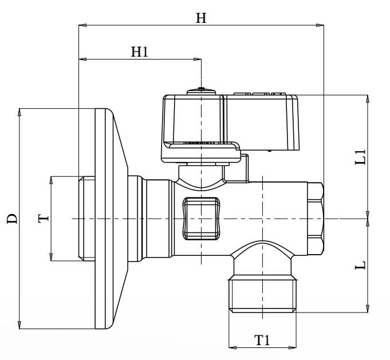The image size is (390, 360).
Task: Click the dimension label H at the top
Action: click(201, 18)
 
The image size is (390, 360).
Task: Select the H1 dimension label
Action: click(140, 52)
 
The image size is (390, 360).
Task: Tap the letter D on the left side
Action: click(12, 219)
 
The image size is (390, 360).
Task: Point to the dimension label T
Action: click(44, 219)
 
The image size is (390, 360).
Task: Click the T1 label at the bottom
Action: click(262, 340)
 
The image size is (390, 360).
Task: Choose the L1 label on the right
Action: click(360, 157)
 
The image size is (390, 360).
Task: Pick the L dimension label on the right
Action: click(360, 265)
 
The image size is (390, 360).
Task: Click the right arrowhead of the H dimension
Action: click(320, 25)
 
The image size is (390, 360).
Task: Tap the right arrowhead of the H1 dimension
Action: click(197, 59)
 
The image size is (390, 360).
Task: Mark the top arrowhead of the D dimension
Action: click(19, 112)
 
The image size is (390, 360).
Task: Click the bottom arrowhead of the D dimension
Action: click(19, 325)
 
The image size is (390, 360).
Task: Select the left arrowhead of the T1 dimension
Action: click(233, 347)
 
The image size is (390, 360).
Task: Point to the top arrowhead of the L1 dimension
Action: click(368, 99)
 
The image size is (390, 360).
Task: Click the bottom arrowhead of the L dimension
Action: click(368, 308)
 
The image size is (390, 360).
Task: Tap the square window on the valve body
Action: click(201, 219)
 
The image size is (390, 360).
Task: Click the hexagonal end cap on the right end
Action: click(316, 219)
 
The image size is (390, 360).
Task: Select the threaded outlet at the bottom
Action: click(263, 294)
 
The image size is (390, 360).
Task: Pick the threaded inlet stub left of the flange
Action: click(86, 219)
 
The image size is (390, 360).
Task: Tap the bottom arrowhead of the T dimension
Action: click(51, 257)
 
